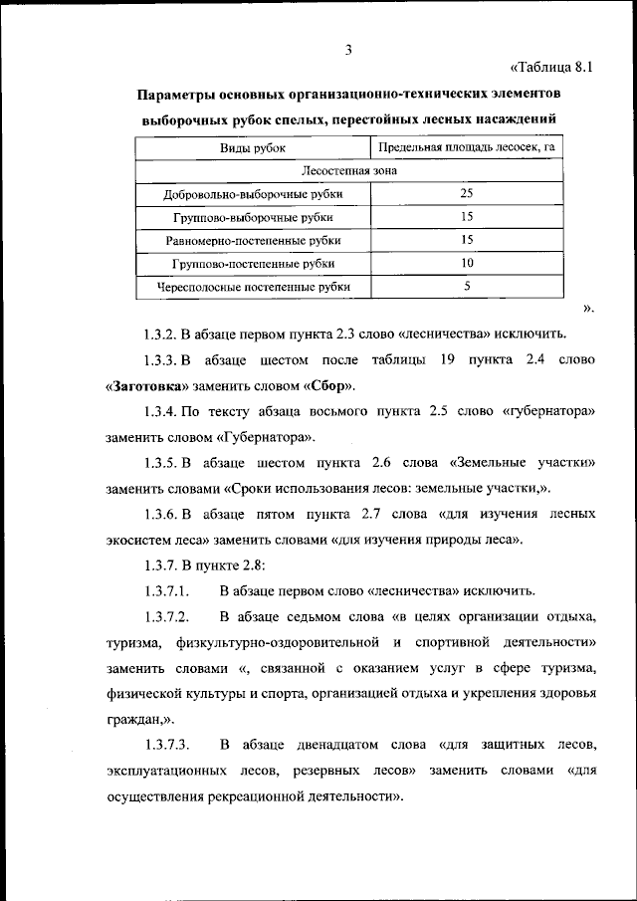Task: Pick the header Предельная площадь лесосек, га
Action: (x=466, y=147)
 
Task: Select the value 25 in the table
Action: (x=466, y=193)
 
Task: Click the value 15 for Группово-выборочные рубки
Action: (x=466, y=216)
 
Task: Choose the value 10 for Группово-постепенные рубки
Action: (x=466, y=263)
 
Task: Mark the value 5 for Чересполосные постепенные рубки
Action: (x=466, y=287)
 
